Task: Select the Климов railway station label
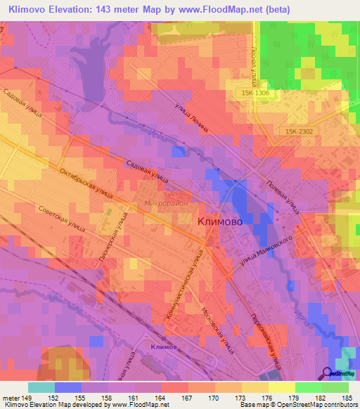(x=163, y=347)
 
